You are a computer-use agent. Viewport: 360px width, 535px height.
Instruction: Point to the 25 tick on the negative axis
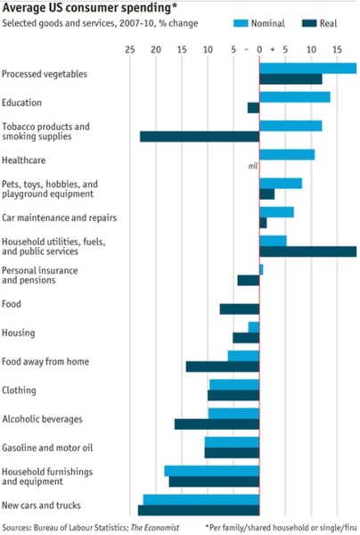(130, 51)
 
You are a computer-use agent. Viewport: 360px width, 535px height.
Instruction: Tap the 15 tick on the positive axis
(338, 51)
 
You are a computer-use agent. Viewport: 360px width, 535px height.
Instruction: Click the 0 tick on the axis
(259, 51)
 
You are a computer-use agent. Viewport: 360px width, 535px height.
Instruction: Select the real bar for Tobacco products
(200, 136)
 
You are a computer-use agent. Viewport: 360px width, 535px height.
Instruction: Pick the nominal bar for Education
(294, 96)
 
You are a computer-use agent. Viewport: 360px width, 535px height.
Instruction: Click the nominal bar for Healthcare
(286, 154)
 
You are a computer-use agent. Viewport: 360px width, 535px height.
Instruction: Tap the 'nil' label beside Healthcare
(252, 166)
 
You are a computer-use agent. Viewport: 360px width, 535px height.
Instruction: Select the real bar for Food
(240, 309)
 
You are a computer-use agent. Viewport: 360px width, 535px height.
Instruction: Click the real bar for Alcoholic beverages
(217, 424)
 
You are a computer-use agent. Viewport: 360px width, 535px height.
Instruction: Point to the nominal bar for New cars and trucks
(200, 499)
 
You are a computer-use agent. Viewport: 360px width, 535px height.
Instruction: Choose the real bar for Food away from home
(222, 366)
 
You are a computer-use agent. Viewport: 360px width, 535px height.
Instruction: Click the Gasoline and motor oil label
(47, 448)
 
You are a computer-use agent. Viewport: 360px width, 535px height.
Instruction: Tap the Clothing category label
(19, 391)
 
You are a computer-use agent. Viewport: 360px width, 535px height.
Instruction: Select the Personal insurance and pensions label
(39, 275)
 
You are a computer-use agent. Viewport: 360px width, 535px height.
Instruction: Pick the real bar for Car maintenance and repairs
(263, 223)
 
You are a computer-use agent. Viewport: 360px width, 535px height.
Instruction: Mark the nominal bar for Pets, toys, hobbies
(280, 183)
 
